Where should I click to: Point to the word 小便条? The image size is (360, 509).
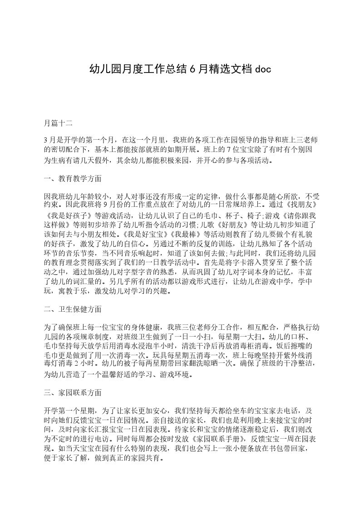(x=256, y=449)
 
